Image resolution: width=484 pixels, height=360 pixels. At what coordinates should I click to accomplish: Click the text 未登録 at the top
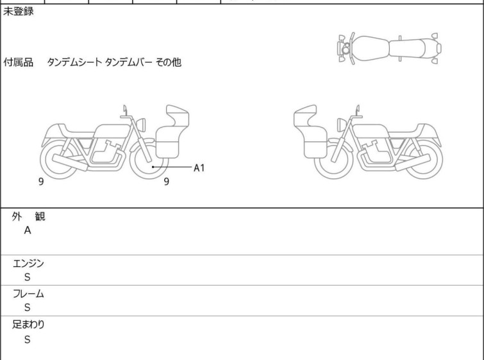click(18, 12)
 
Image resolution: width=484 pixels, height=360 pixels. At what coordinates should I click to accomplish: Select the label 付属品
click(18, 62)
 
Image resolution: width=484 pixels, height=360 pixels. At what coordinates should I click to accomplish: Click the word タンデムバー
click(128, 62)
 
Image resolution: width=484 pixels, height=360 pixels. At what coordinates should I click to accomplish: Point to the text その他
click(168, 62)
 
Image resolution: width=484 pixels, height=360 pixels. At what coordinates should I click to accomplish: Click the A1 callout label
click(199, 167)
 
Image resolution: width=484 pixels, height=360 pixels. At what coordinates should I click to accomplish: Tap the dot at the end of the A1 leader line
click(153, 167)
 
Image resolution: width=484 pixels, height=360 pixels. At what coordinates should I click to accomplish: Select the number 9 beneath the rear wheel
click(41, 182)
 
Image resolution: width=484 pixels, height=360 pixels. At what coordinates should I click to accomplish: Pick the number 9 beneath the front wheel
click(167, 182)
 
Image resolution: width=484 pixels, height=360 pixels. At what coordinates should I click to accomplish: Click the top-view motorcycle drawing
click(389, 49)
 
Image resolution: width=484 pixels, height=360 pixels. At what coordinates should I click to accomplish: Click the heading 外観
click(28, 216)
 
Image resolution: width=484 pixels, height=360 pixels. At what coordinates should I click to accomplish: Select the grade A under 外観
click(28, 230)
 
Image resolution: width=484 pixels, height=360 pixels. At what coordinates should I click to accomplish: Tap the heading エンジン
click(28, 263)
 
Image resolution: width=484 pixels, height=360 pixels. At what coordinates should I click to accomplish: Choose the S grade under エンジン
click(28, 277)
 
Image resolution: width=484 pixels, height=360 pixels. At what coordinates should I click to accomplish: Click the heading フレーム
click(28, 293)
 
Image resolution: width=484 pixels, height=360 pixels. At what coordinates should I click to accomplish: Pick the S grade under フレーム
click(28, 307)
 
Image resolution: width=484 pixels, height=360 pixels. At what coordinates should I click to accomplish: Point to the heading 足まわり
click(28, 324)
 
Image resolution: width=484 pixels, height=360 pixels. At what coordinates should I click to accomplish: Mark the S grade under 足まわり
click(28, 339)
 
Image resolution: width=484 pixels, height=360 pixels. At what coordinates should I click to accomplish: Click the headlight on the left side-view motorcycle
click(141, 125)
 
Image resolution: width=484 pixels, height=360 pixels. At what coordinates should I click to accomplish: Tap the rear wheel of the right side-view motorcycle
click(423, 159)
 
